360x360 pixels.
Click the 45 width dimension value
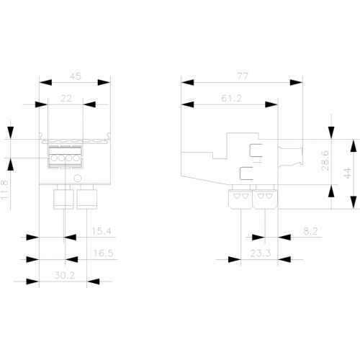(76, 76)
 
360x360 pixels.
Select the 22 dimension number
(66, 99)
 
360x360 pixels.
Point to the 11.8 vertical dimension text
(4, 189)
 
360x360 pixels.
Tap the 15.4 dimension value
(102, 231)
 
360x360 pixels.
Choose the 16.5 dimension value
(103, 253)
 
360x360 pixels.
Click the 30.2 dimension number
(65, 275)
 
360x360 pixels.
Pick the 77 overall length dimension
(243, 76)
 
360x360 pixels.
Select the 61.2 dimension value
(231, 99)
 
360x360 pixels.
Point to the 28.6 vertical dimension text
(325, 161)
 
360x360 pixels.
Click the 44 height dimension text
(347, 174)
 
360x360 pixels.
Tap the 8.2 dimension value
(310, 231)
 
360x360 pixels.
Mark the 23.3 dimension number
(261, 253)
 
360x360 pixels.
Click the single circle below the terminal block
(78, 179)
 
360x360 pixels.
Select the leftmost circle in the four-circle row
(54, 158)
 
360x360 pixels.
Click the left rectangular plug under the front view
(63, 199)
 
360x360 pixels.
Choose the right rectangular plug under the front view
(87, 199)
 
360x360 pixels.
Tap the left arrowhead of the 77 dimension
(187, 82)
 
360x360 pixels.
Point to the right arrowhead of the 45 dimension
(104, 82)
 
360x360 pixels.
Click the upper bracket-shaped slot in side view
(256, 150)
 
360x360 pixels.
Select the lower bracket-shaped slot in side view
(246, 174)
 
